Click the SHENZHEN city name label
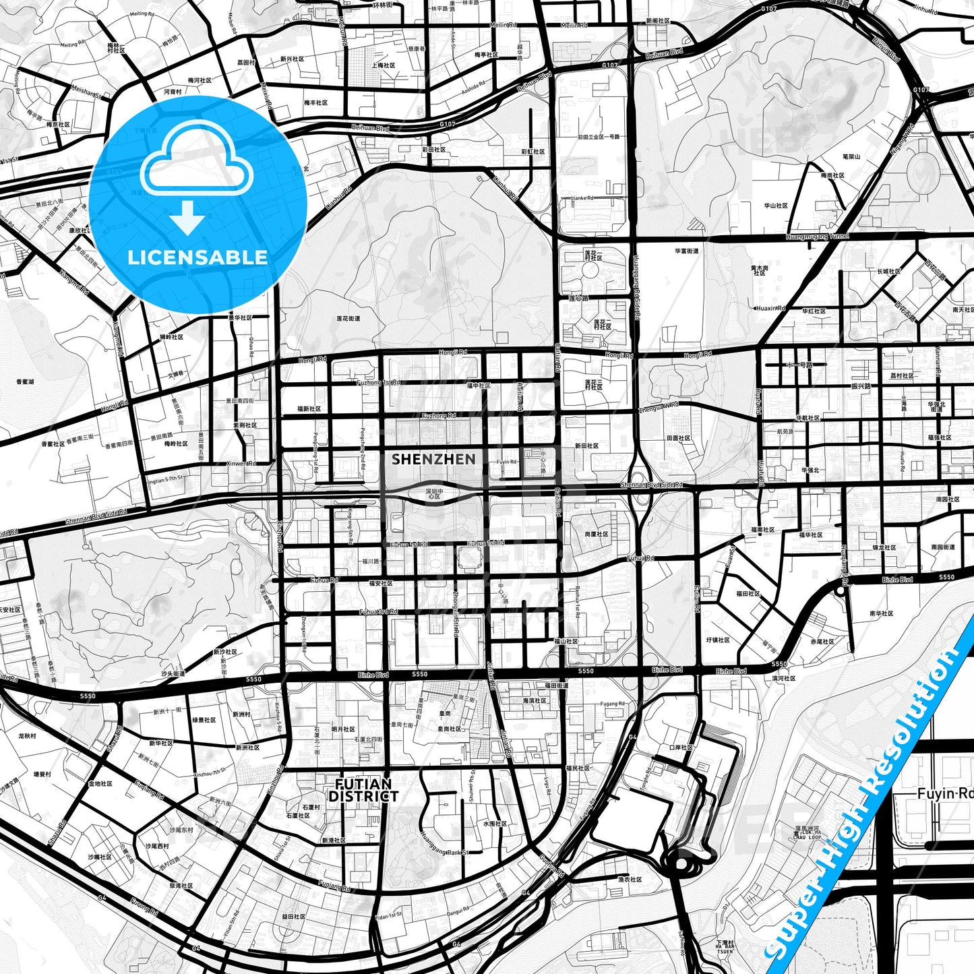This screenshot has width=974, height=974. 433,459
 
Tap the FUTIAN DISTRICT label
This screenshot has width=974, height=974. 363,790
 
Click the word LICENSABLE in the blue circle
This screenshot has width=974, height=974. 197,257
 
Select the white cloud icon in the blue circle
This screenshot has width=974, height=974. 197,162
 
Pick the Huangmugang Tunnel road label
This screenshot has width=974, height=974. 817,237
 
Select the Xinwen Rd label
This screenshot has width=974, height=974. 240,464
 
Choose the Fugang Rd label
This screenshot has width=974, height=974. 612,704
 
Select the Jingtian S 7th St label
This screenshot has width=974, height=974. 164,478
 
